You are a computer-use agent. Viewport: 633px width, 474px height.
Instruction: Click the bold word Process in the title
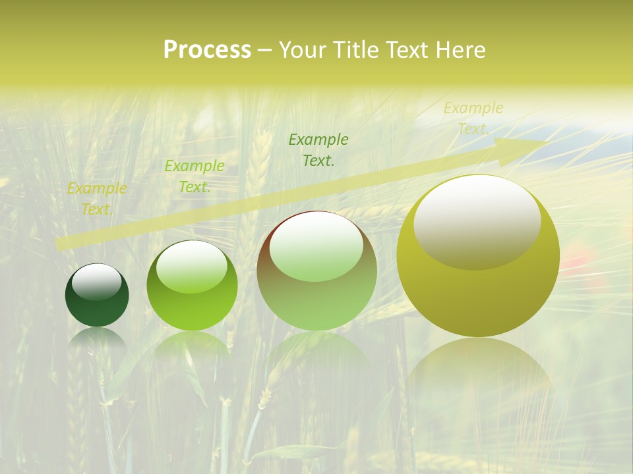point(207,50)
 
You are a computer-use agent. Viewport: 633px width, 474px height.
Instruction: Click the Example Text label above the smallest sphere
point(97,199)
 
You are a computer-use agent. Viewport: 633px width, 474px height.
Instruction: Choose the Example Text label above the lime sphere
point(195,176)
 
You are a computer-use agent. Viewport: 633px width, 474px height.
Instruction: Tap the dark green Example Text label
point(318,149)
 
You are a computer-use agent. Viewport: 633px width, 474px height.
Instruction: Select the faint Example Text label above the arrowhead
point(473,118)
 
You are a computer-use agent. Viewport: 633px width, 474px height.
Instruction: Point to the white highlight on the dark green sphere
point(97,281)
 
